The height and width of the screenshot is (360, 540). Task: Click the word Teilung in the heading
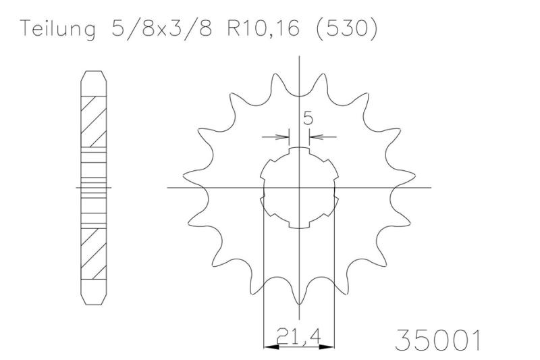[57, 29]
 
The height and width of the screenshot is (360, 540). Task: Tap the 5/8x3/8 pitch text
[161, 29]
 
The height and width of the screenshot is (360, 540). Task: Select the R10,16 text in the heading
[263, 28]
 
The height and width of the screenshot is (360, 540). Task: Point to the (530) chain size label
[347, 29]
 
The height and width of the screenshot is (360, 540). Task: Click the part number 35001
[437, 340]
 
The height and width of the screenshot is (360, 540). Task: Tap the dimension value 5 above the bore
[308, 119]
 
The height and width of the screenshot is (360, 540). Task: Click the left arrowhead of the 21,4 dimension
[271, 346]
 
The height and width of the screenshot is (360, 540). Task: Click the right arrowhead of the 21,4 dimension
[327, 346]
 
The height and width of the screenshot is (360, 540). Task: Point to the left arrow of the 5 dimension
[275, 137]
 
